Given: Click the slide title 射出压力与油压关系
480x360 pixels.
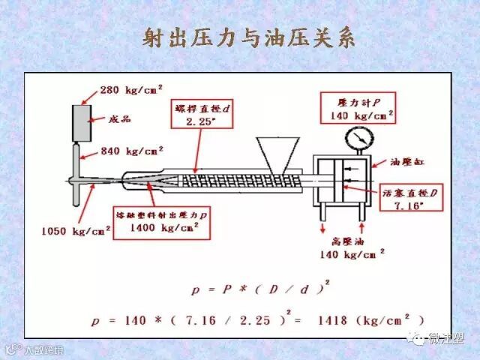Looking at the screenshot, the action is pyautogui.click(x=248, y=39).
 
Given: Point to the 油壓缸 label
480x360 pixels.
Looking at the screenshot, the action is pyautogui.click(x=407, y=160).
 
